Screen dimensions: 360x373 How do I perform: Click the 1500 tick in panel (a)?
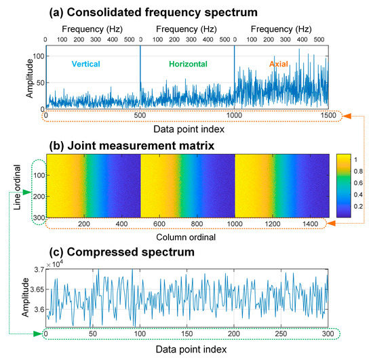[x=328, y=117]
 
